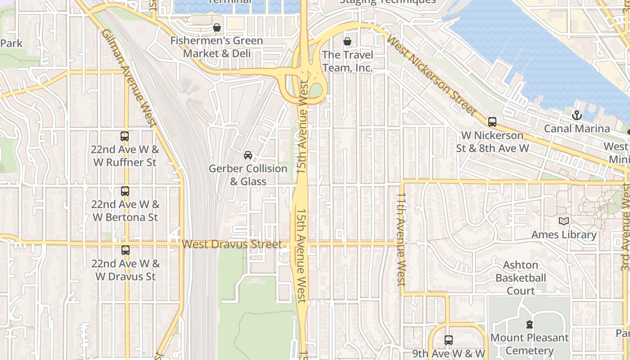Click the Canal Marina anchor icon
(576, 115)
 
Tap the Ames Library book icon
(563, 221)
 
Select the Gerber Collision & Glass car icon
(247, 155)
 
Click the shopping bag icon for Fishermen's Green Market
(216, 27)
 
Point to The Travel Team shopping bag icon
(347, 42)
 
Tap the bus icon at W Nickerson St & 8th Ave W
(492, 121)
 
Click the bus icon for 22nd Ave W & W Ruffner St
(125, 136)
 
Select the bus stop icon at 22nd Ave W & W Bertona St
(125, 191)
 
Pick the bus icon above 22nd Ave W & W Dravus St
(125, 250)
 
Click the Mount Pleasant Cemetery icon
(529, 324)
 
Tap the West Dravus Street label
(232, 244)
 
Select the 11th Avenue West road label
(401, 239)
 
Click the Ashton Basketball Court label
(521, 278)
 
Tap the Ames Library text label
(564, 234)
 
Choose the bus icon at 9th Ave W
(448, 340)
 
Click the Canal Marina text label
(577, 129)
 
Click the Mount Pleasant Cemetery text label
(529, 344)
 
